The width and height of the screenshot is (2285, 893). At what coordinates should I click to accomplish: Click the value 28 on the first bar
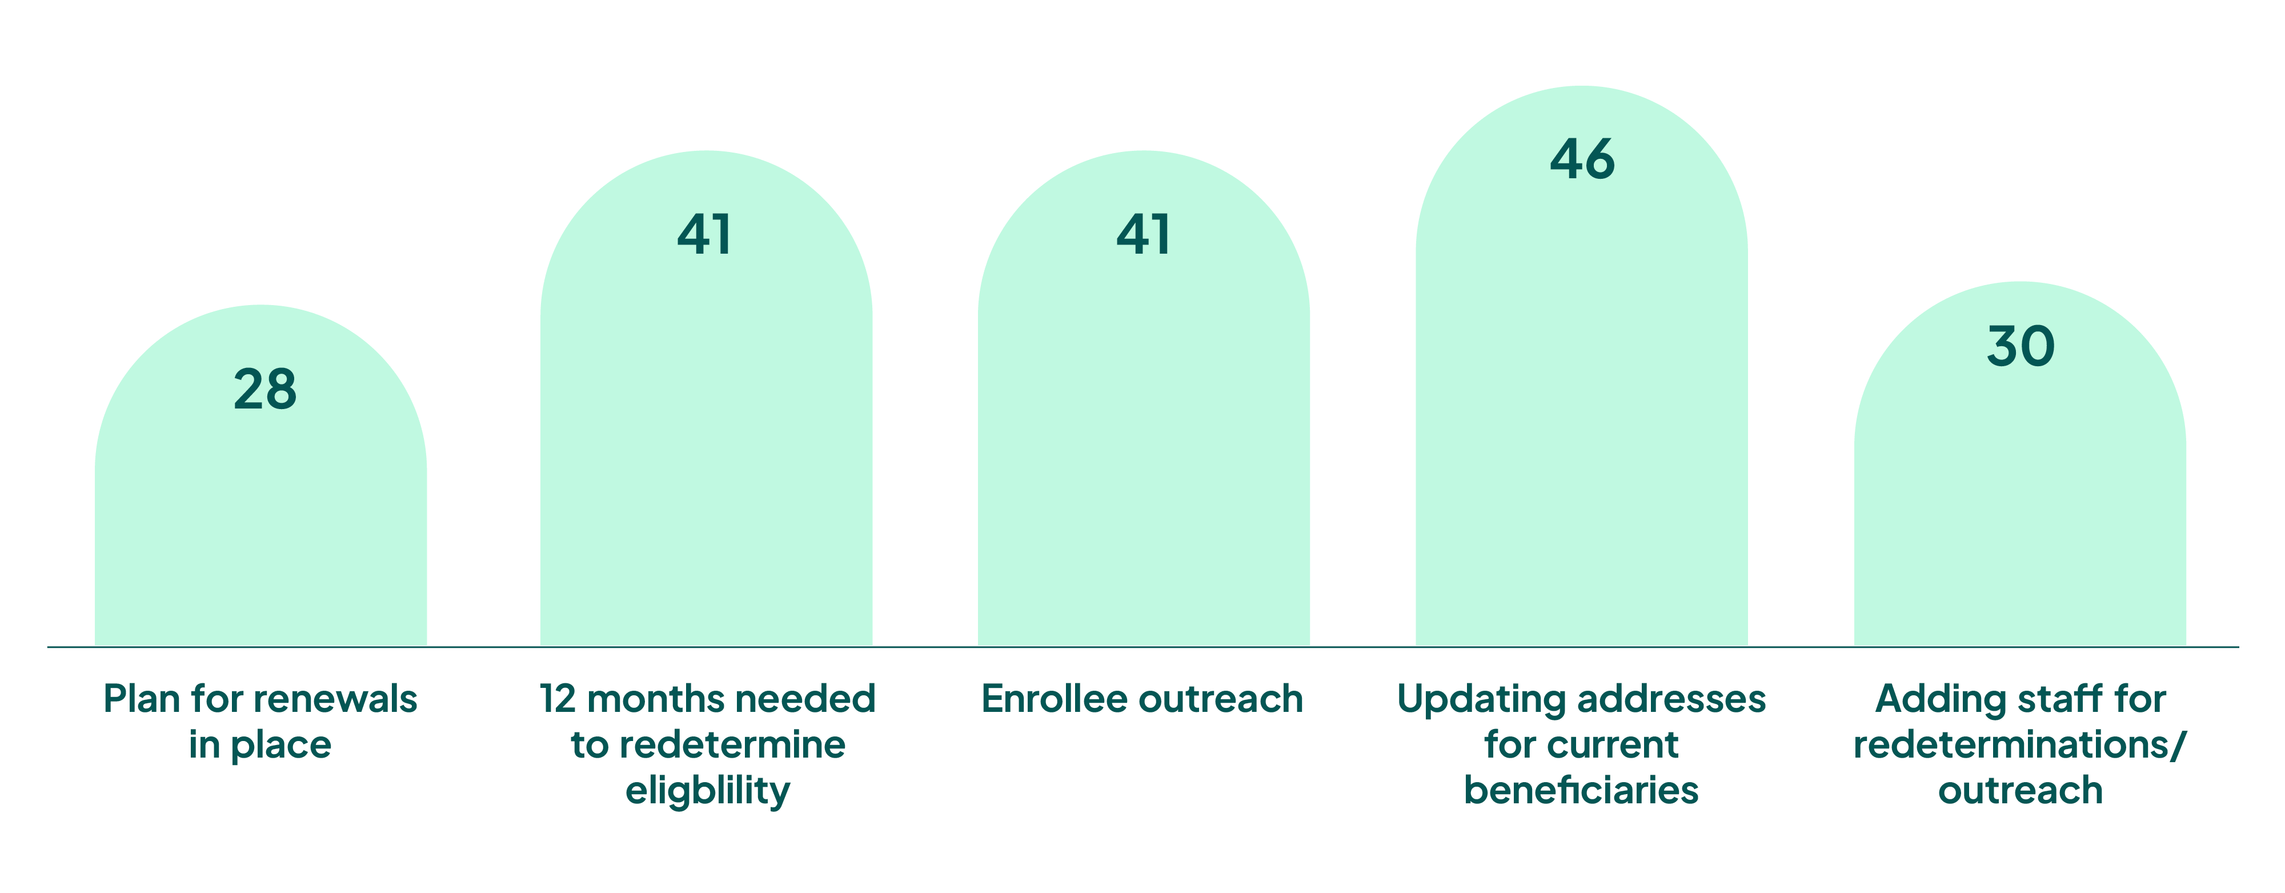point(265,389)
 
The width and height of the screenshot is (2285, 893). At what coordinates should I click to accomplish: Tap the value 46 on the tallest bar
point(1582,159)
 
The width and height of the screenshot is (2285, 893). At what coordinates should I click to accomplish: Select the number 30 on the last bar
point(2021,346)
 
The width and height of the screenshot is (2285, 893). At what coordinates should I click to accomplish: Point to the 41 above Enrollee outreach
point(1144,235)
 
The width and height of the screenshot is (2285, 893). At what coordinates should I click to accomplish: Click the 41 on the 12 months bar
point(704,235)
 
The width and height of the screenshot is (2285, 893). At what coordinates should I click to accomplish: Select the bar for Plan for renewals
point(261,475)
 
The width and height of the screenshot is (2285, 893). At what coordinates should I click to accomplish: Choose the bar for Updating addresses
point(1582,366)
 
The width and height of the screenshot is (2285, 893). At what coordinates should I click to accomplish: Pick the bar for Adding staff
point(2020,464)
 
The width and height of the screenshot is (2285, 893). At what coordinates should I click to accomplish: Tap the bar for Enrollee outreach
point(1144,398)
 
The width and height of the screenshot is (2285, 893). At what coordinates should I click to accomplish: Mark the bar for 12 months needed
point(706,398)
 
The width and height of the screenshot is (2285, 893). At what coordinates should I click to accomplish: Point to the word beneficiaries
point(1582,790)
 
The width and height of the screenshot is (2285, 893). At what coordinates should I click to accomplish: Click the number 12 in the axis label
point(558,699)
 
